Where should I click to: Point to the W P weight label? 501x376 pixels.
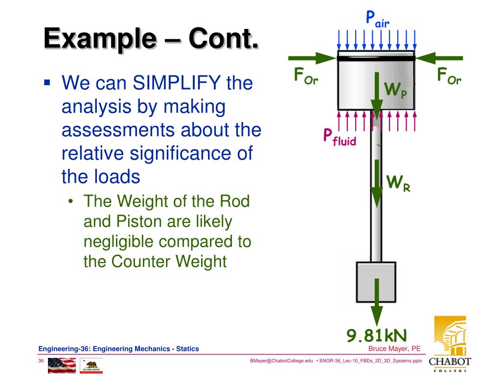coord(395,91)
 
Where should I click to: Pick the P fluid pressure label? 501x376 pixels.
coord(339,137)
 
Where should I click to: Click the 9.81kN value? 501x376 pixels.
coord(377,336)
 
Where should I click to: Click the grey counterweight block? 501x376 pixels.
coord(364,282)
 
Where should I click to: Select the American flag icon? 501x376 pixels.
coord(62,365)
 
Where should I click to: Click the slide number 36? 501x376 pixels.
coord(41,361)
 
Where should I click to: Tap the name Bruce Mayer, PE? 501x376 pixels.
coord(394,349)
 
